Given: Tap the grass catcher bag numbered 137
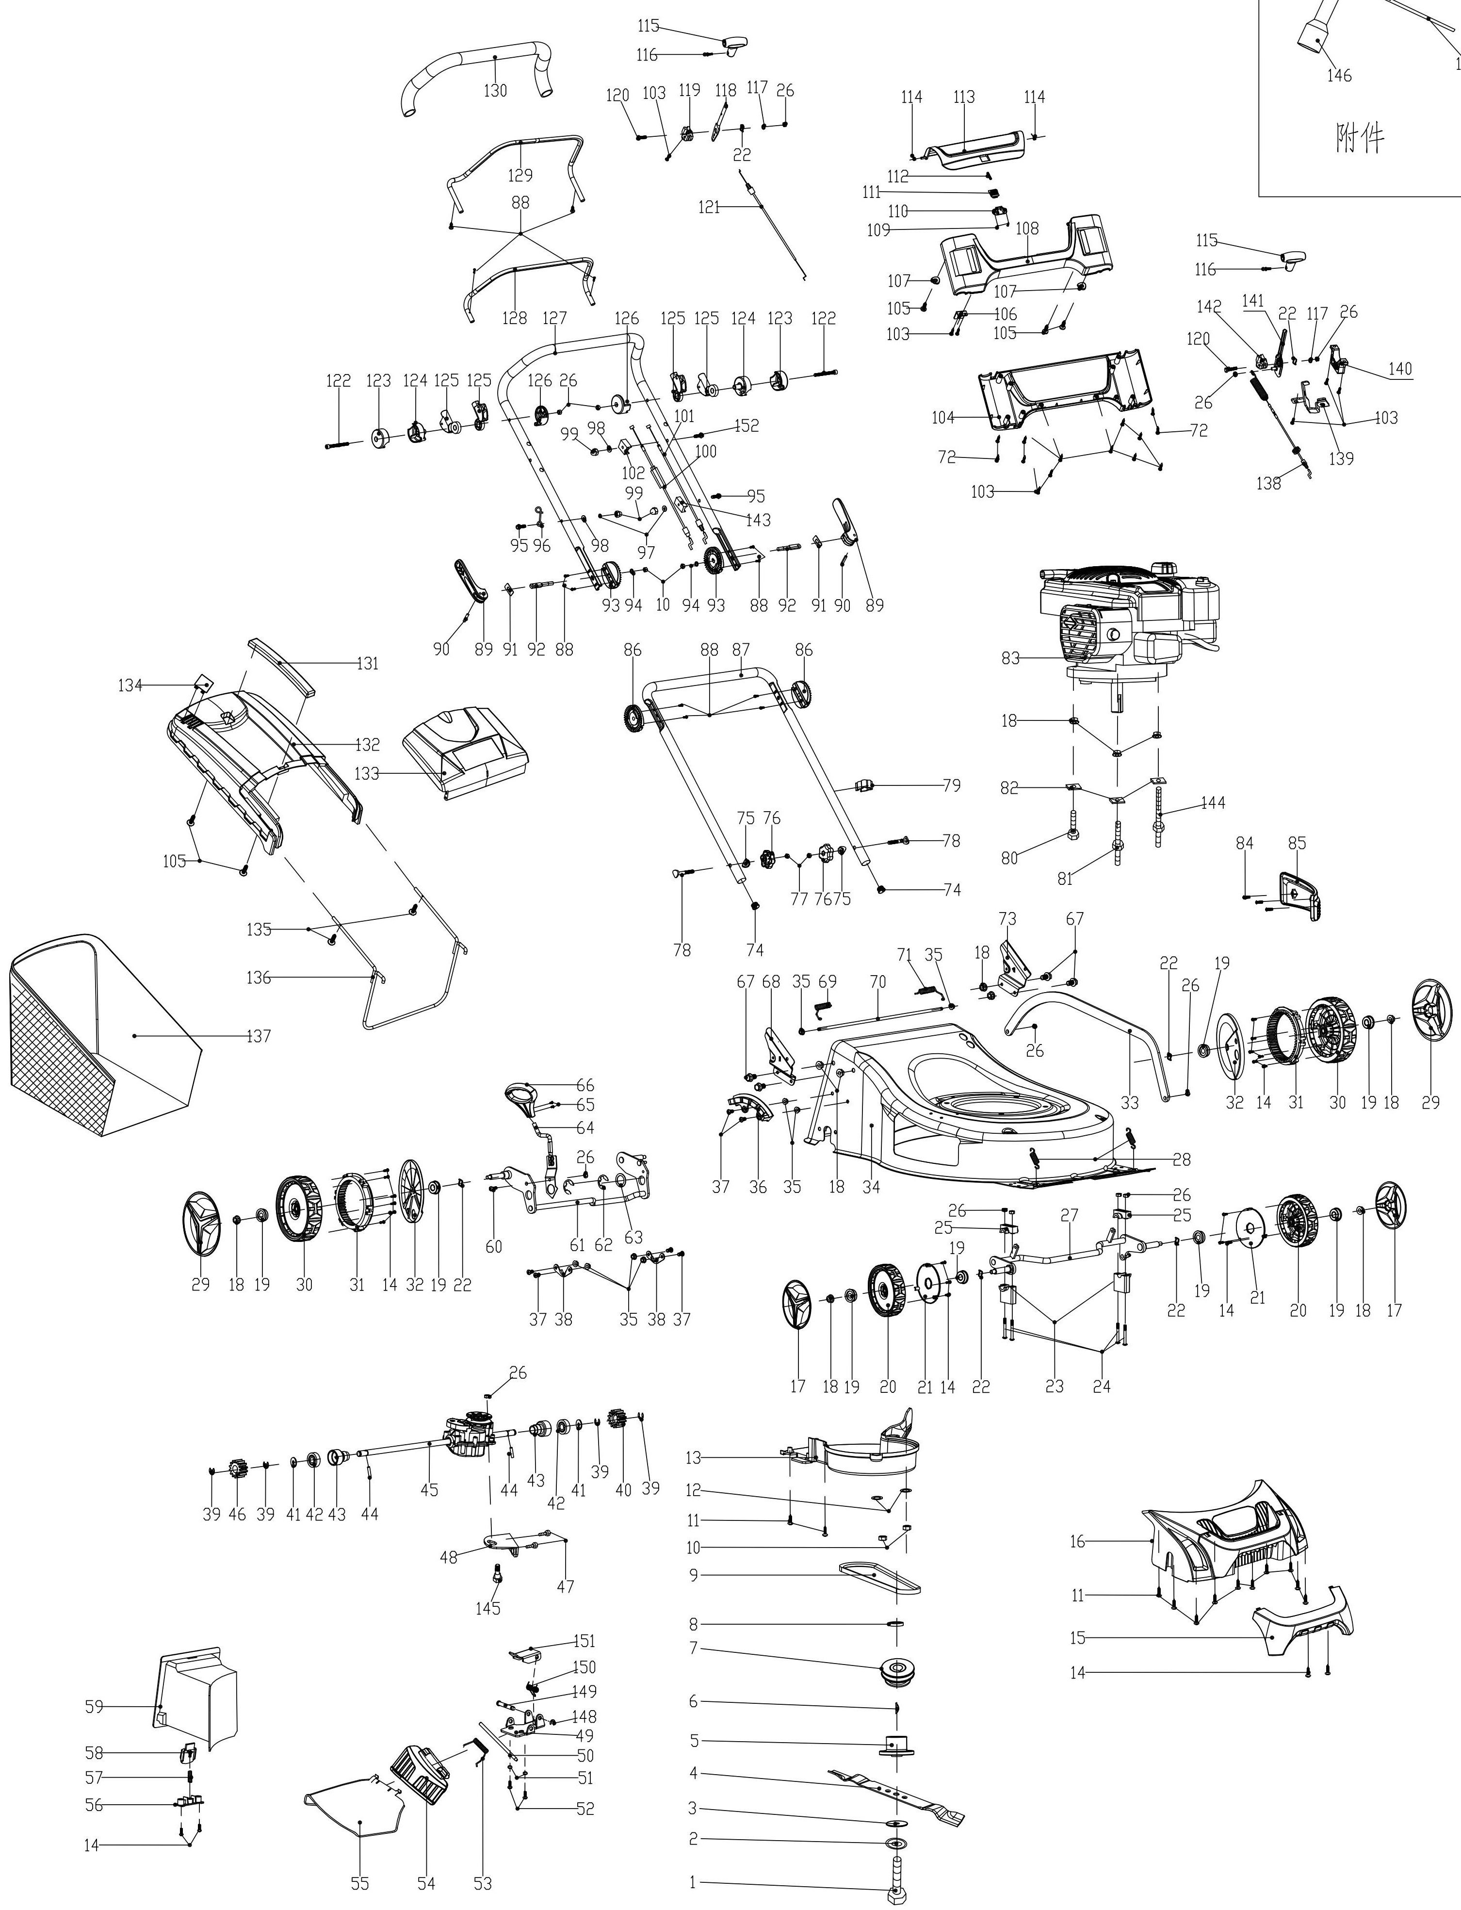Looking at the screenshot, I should [96, 1035].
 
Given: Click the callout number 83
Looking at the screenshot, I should [1010, 658].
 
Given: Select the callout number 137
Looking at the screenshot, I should [258, 1036].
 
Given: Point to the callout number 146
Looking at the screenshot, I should [1339, 76].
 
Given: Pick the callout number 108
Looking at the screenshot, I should [1027, 229].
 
